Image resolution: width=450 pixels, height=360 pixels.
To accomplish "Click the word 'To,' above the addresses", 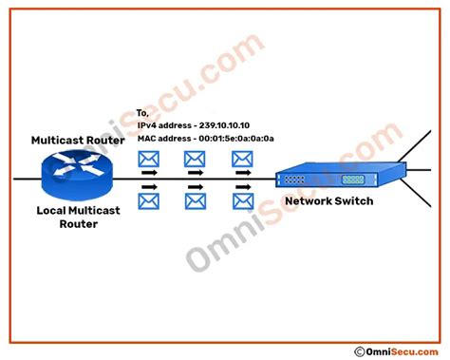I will coord(144,113).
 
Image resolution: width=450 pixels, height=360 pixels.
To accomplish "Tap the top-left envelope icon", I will coord(149,159).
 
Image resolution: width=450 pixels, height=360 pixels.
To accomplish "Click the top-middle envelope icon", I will coord(196,159).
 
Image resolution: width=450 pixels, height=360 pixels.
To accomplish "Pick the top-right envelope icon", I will coord(243,159).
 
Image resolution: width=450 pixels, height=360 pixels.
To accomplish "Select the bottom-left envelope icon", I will coord(149,201).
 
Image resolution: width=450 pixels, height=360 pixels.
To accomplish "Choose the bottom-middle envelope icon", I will coord(196,201).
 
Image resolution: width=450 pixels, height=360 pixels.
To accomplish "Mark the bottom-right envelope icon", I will coord(243,201).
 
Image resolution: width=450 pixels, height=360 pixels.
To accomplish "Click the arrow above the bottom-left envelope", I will coord(148,187).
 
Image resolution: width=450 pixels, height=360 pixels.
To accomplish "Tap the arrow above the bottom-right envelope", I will coord(243,187).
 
